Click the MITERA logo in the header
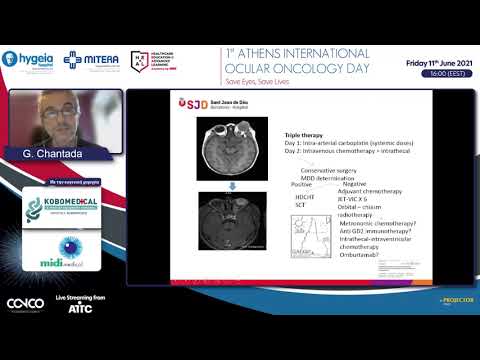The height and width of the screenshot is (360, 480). (91, 61)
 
